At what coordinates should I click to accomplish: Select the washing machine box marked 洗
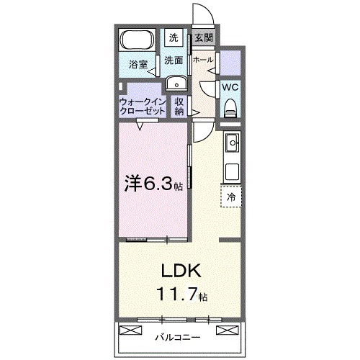174,37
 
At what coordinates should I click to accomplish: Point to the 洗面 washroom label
173,61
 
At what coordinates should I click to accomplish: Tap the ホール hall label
203,60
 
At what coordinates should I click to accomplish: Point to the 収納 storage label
179,107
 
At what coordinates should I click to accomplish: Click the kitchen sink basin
233,145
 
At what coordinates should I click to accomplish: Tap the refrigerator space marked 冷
231,196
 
